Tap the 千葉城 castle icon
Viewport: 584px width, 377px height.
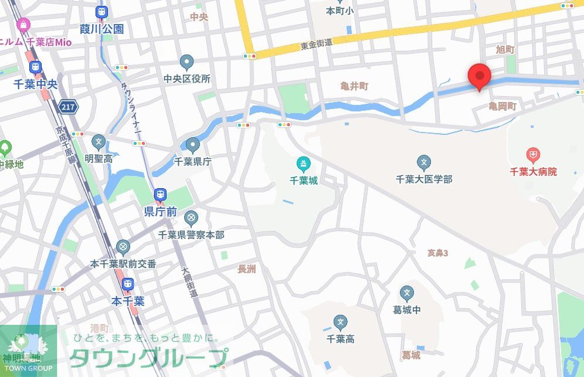(x=303, y=163)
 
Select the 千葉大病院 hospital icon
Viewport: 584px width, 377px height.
(x=533, y=155)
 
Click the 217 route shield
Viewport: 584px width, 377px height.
(x=68, y=107)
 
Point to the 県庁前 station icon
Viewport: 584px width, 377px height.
(x=159, y=195)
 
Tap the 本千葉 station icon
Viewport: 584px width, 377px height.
(x=127, y=285)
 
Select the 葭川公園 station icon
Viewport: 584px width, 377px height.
(x=101, y=12)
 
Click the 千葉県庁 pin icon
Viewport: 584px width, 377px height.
(x=193, y=145)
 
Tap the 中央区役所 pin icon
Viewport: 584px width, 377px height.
(x=187, y=62)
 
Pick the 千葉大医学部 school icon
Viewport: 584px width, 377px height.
(x=424, y=162)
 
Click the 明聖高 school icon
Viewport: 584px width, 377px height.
(x=98, y=141)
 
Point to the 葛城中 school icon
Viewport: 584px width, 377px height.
(x=407, y=293)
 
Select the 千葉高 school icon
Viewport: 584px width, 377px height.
(x=340, y=322)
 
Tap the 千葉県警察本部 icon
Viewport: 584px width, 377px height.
(x=191, y=219)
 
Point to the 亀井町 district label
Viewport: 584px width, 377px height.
(x=355, y=86)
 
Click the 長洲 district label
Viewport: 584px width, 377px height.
(x=247, y=269)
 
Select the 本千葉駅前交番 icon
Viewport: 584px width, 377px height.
(x=123, y=247)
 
